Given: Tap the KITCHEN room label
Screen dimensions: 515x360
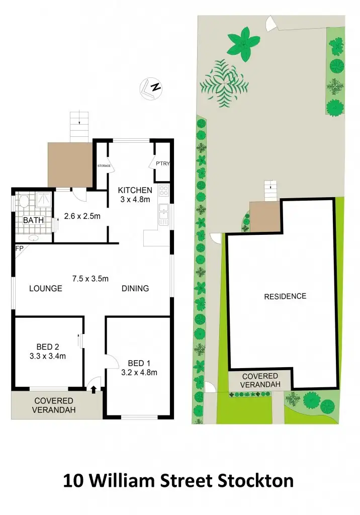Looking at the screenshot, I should click(135, 190).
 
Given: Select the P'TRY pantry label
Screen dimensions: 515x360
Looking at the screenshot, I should click(162, 164).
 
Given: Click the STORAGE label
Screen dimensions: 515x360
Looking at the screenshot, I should click(103, 165).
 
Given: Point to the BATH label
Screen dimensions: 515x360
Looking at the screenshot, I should click(33, 220).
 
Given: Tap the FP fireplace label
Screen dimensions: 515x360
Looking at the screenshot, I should click(20, 248).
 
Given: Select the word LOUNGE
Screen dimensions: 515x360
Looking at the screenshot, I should click(45, 289).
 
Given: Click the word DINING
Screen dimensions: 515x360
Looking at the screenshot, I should click(135, 289).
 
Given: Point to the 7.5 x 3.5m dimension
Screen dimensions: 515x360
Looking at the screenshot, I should click(91, 279).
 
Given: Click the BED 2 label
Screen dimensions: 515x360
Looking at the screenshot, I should click(48, 347).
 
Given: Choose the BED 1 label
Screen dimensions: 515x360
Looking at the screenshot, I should click(139, 363).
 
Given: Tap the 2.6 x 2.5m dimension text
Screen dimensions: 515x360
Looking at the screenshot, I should click(83, 218).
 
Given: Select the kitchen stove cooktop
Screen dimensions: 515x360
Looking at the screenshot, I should click(164, 191).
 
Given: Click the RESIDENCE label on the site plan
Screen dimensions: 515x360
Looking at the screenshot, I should click(285, 296).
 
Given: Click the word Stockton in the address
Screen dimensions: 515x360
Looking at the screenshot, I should click(256, 480).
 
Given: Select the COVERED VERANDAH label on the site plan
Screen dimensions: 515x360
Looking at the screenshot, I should click(260, 380).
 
